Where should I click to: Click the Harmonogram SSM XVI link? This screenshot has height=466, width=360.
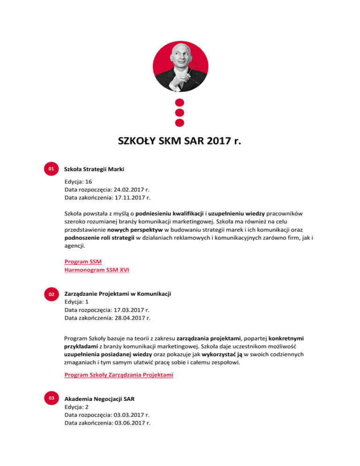[x=97, y=270]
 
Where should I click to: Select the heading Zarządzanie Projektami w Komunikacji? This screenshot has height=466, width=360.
[x=117, y=293]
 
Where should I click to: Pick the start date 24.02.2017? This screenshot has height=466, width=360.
[x=131, y=190]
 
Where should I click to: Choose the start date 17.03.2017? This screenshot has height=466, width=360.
[x=131, y=310]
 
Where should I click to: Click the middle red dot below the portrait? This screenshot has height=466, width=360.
[x=180, y=113]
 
